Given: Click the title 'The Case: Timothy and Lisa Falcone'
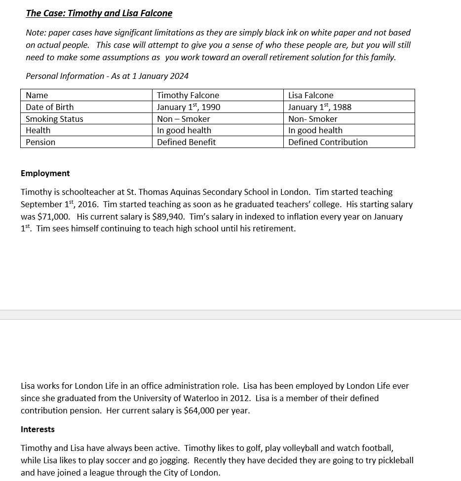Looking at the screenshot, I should tap(99, 13).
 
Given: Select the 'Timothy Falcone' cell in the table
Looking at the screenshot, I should tap(188, 95).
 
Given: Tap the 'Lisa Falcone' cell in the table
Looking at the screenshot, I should tap(310, 95).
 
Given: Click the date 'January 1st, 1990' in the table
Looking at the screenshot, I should tap(188, 107).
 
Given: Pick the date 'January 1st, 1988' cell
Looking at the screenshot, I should tap(319, 107).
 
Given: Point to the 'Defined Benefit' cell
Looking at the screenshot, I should tap(186, 142).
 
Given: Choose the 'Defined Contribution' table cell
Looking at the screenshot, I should tap(328, 142).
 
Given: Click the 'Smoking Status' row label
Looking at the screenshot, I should tap(54, 119).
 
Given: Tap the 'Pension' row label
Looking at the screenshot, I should tap(40, 142).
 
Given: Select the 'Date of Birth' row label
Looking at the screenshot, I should tap(49, 107).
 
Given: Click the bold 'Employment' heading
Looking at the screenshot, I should tap(45, 173).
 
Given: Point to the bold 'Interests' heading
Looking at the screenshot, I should tap(38, 429).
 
